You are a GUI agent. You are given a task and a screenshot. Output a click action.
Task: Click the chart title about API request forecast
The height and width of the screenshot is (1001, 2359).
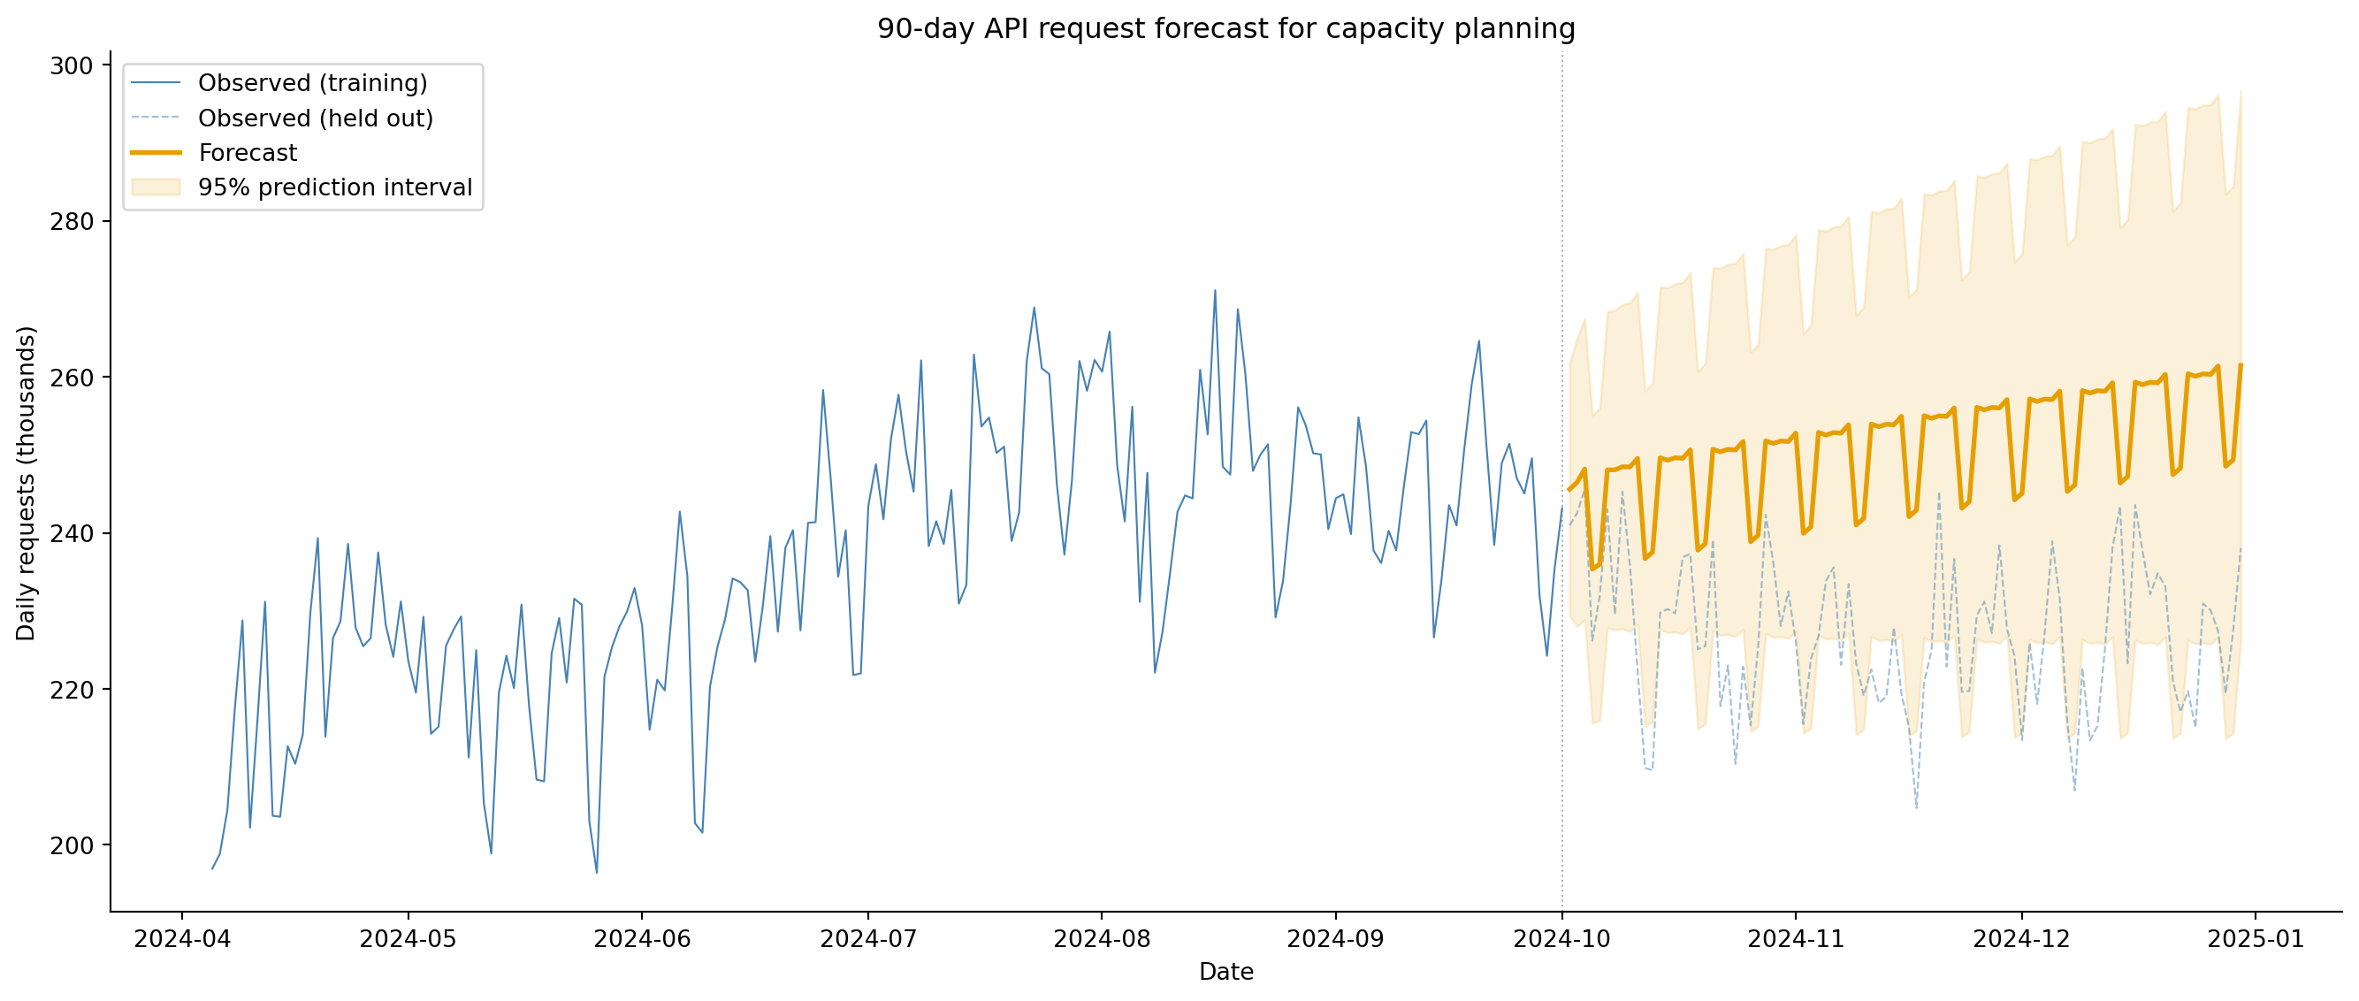pos(1225,29)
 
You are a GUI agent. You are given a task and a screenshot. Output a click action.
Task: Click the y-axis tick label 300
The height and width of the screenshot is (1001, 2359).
pos(72,66)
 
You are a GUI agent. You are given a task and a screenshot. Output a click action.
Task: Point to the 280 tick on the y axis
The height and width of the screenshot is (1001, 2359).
pos(72,222)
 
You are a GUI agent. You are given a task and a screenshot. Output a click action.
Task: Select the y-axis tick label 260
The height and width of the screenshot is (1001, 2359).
pos(72,378)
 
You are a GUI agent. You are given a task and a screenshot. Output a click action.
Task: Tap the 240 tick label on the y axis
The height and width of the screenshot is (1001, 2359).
pos(72,533)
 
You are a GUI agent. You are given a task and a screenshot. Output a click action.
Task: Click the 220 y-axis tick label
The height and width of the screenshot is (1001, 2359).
pos(72,690)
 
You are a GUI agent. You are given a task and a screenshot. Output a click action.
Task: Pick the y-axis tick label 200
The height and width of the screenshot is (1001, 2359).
pos(72,845)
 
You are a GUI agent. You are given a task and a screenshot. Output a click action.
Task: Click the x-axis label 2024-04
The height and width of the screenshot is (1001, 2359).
pos(182,940)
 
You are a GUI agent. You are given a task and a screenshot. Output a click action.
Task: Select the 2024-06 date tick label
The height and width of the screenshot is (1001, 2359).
pos(642,940)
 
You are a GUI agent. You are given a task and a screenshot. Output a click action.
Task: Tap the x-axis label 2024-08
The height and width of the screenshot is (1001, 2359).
pos(1102,940)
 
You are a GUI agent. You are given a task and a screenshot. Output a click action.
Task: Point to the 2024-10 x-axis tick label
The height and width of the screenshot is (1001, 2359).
pos(1561,940)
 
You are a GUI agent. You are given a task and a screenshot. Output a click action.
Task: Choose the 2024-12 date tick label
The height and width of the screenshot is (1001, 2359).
pos(2021,940)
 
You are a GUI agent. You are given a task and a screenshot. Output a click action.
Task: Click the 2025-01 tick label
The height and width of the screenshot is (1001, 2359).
pos(2255,940)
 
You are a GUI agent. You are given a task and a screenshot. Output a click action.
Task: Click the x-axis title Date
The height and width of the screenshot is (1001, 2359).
pos(1225,972)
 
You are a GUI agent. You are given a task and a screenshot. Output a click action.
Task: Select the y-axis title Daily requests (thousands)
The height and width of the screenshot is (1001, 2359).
pos(26,483)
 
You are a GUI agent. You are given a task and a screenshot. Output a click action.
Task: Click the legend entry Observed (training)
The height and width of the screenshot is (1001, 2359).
pos(312,83)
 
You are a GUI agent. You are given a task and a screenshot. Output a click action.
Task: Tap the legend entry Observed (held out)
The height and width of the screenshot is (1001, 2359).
pos(315,118)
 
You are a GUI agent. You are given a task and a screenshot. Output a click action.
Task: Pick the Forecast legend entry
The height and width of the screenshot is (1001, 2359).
pos(248,153)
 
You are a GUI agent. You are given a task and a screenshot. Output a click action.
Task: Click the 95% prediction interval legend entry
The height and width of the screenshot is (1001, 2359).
pos(334,187)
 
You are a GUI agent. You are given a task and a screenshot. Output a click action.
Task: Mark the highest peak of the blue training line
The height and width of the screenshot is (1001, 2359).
pos(1214,291)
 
